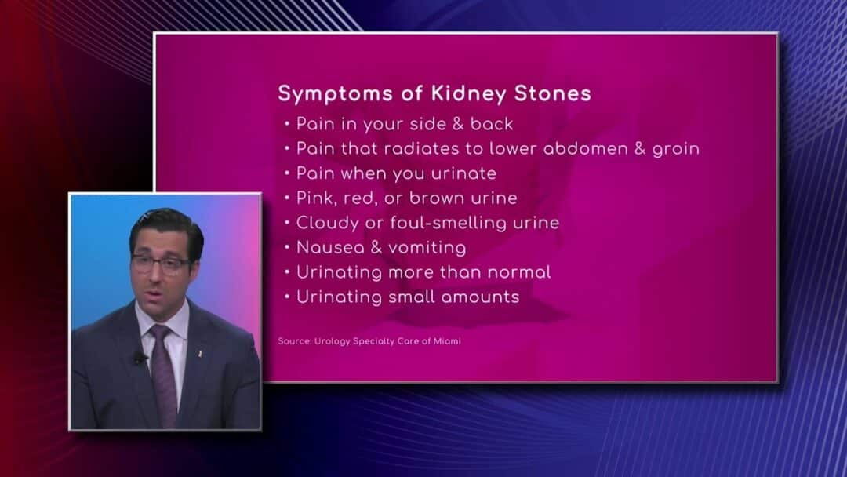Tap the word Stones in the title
click(553, 93)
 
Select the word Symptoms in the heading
click(336, 94)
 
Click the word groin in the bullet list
click(676, 149)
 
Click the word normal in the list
click(519, 272)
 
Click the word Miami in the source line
click(447, 340)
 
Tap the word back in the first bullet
click(492, 124)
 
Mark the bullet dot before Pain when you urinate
click(287, 173)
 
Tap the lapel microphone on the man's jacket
click(140, 357)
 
